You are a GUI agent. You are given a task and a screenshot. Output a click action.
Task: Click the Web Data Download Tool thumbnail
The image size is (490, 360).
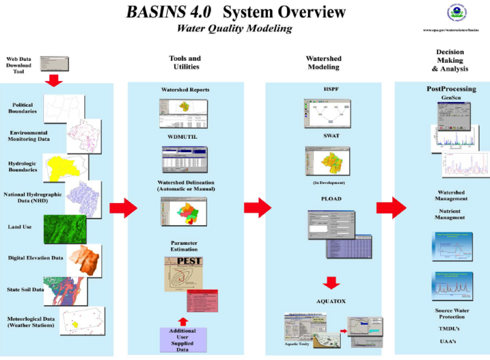point(54,63)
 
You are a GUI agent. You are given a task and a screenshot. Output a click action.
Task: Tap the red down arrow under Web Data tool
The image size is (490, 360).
point(54,79)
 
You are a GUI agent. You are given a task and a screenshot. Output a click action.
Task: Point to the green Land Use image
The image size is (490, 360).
point(64,229)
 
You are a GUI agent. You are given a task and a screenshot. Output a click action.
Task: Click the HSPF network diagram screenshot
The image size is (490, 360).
point(328,113)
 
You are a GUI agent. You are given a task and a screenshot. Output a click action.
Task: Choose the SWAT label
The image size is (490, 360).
point(330,136)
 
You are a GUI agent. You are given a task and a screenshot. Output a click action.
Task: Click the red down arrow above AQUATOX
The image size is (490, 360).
point(332,283)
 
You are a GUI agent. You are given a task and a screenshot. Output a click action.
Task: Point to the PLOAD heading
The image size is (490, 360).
point(331,199)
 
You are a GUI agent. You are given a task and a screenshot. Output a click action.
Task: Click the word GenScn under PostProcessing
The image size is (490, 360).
point(451,97)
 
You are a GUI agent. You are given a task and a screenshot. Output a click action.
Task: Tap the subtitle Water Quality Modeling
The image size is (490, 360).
point(235,29)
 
